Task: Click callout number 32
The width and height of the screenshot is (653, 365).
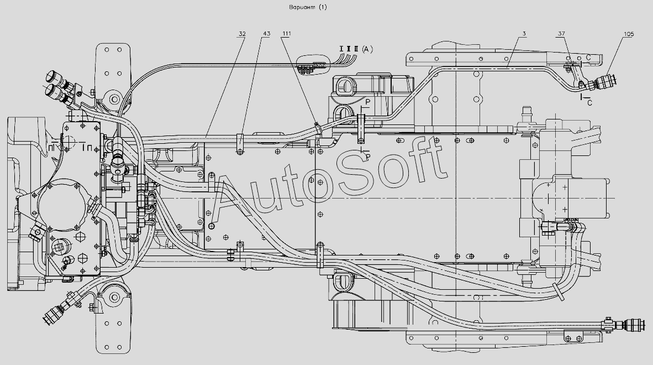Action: (x=242, y=34)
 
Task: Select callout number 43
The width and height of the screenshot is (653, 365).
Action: (x=266, y=34)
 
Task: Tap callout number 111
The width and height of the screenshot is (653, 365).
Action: (x=287, y=34)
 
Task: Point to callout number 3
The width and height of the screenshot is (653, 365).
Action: (x=524, y=34)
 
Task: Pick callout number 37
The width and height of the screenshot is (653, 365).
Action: (x=561, y=34)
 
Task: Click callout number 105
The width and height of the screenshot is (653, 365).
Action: (x=629, y=34)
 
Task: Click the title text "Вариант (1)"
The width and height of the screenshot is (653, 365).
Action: (x=308, y=7)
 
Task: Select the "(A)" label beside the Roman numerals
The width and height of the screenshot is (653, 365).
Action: (x=367, y=49)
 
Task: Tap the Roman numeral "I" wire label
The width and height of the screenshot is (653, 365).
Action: (x=341, y=49)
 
